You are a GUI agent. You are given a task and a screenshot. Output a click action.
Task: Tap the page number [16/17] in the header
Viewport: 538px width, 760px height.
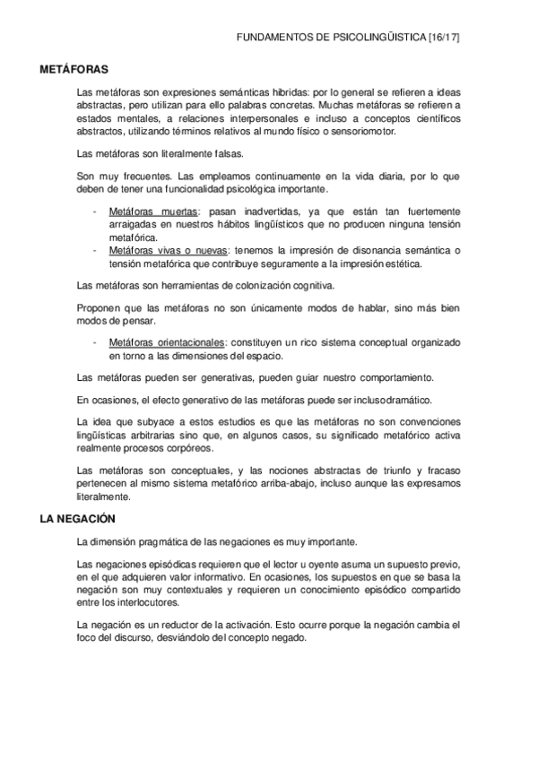pos(444,39)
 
